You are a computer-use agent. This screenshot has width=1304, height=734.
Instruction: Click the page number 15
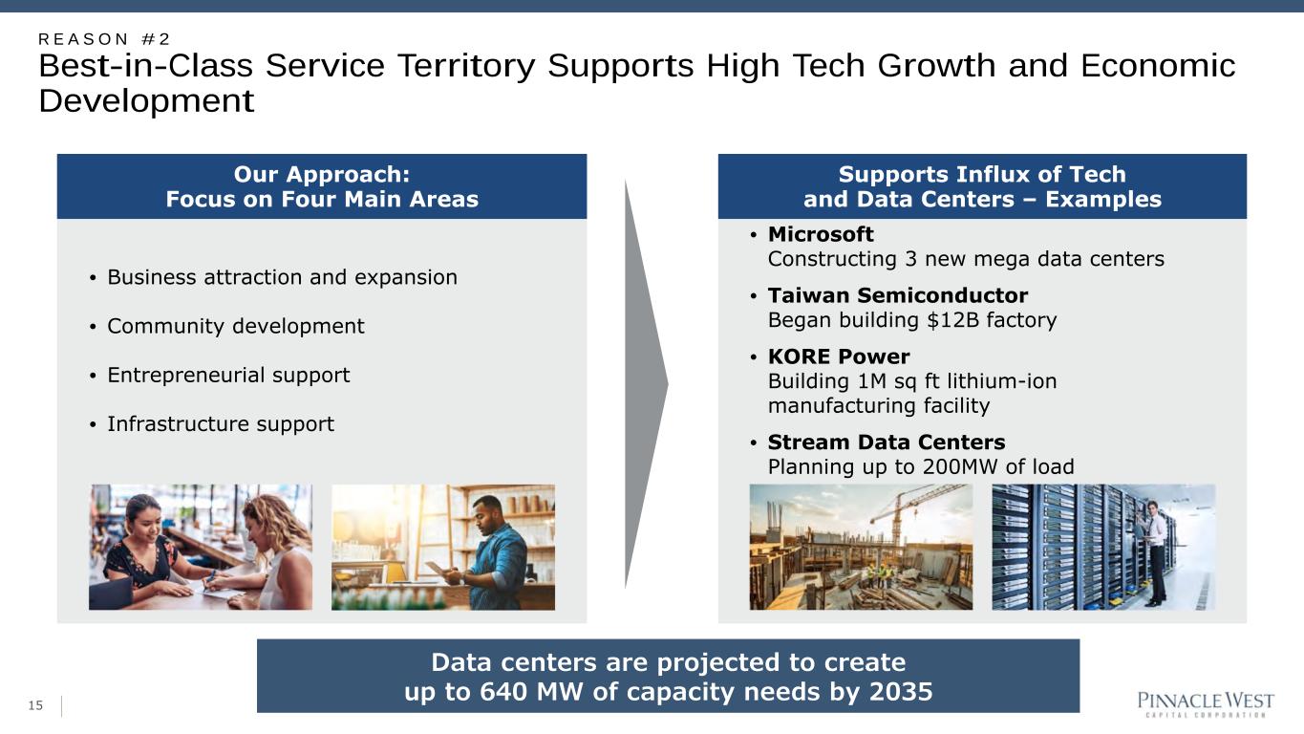(x=35, y=705)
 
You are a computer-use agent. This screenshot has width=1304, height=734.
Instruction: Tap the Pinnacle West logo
(x=1206, y=704)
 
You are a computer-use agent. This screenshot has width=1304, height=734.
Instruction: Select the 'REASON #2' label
(x=104, y=39)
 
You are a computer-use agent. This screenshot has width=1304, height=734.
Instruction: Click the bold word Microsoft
(x=821, y=234)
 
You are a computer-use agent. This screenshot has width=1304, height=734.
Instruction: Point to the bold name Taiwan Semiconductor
(x=898, y=295)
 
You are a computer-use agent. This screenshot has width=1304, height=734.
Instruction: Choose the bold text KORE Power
(x=839, y=356)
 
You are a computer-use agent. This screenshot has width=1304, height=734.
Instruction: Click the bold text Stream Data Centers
(x=886, y=443)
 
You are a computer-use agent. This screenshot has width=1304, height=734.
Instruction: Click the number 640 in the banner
(x=504, y=692)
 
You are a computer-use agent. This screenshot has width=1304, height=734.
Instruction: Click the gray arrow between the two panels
(x=646, y=384)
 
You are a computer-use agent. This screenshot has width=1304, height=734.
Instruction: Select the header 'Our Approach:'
(x=322, y=174)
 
